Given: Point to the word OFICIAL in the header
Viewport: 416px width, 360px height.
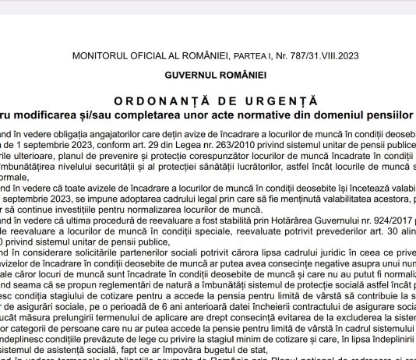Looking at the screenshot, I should [150, 55].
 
